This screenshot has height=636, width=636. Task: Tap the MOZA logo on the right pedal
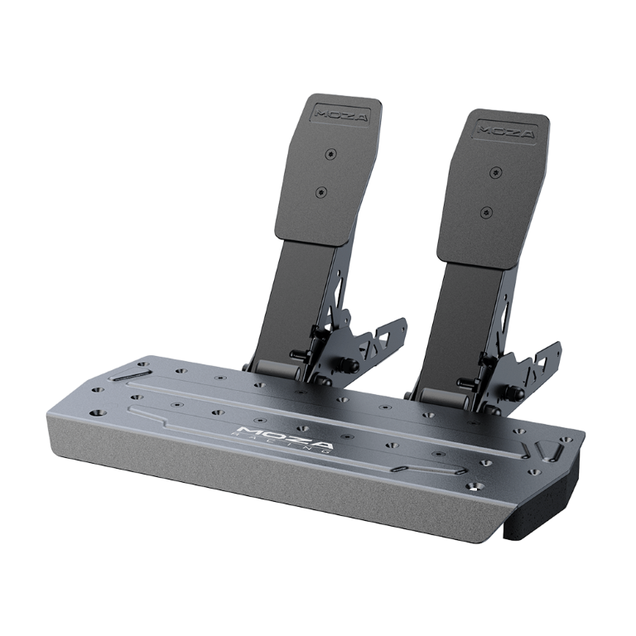coord(504,130)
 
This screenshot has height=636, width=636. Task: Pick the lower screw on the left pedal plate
coord(321,192)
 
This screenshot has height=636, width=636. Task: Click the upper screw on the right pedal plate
coord(495,172)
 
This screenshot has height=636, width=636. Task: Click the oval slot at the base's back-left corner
coord(132,378)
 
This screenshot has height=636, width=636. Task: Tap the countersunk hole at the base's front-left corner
coord(98,411)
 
